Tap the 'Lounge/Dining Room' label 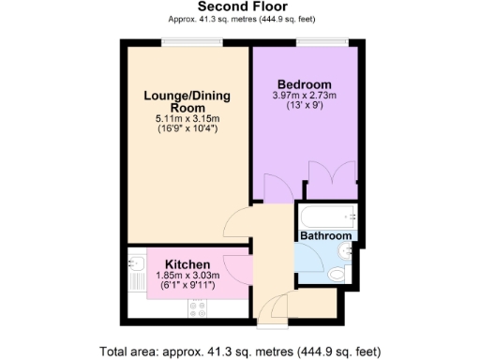(x=186, y=101)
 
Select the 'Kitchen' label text (x=187, y=263)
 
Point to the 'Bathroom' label (x=326, y=236)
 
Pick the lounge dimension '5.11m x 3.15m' (x=186, y=119)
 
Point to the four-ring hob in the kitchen (x=199, y=307)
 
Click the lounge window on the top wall (x=191, y=40)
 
